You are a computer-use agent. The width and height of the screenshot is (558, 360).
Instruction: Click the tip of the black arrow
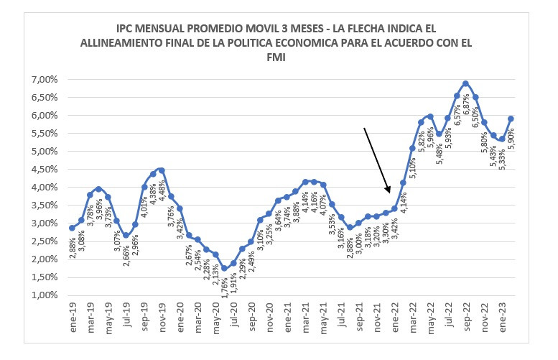click(390, 193)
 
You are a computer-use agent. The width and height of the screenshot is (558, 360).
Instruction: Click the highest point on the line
click(465, 83)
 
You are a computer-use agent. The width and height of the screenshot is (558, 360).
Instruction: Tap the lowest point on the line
click(224, 268)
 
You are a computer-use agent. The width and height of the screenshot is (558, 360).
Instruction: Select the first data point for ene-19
click(72, 228)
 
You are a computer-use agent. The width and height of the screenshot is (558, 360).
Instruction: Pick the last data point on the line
click(511, 119)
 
